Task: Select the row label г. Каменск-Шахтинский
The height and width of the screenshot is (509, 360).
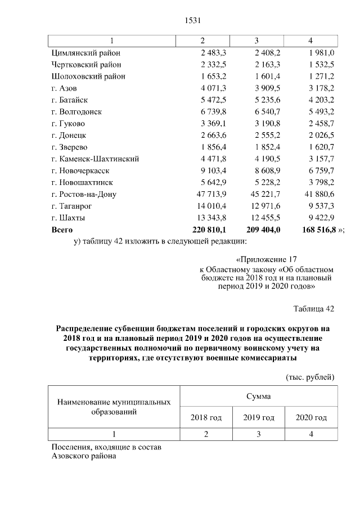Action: [95, 159]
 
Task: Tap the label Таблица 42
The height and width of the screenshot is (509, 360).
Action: [314, 309]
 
